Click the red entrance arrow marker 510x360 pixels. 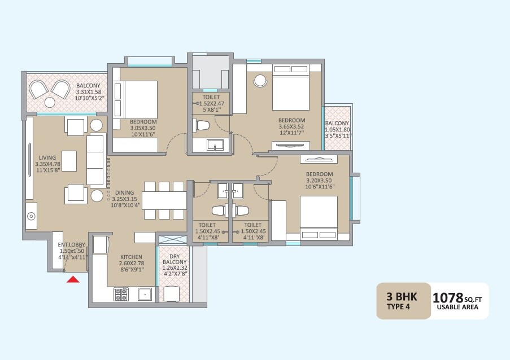(x=73, y=278)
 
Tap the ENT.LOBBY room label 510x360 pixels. (x=72, y=245)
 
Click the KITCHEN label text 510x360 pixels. (x=130, y=257)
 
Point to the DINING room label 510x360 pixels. (x=124, y=192)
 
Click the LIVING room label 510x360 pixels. (x=47, y=158)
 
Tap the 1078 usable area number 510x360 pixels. (x=447, y=297)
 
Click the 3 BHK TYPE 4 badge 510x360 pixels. (x=403, y=301)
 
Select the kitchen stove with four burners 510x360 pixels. (x=121, y=294)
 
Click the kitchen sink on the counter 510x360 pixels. (x=145, y=294)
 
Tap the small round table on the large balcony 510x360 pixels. (x=50, y=102)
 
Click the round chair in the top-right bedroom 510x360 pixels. (x=260, y=81)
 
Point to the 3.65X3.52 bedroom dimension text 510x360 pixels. (x=291, y=127)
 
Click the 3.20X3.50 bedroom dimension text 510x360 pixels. (x=319, y=181)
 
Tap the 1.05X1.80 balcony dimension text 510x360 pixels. (x=337, y=129)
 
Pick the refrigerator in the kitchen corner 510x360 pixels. (x=100, y=244)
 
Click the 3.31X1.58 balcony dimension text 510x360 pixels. (x=88, y=92)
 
